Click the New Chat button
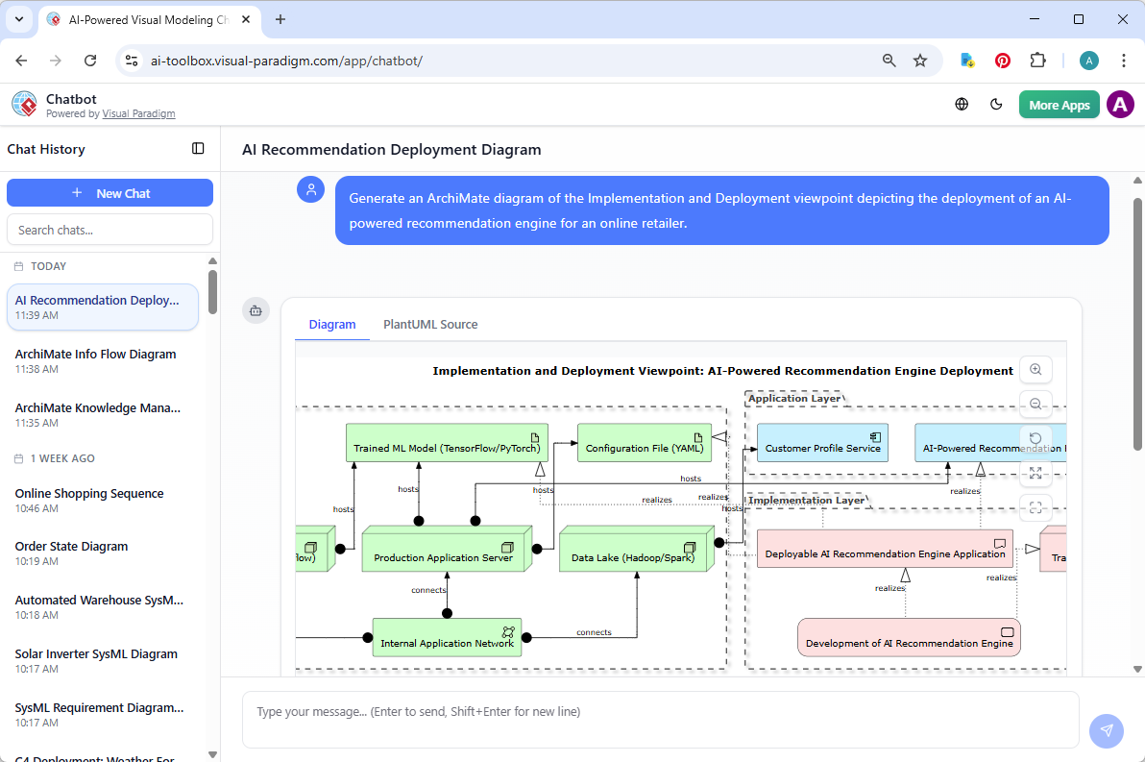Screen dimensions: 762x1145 pos(110,193)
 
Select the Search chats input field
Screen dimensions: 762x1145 pos(110,230)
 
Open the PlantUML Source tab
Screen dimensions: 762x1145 pos(430,325)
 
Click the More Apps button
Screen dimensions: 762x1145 pos(1059,105)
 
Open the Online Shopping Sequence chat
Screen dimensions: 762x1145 pos(89,494)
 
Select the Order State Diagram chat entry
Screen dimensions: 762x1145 pos(72,547)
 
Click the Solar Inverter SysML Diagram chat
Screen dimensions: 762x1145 pos(96,654)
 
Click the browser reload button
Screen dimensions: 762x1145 pos(90,61)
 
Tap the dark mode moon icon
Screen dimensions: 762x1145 pos(996,105)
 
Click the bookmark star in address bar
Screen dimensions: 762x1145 pos(920,61)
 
